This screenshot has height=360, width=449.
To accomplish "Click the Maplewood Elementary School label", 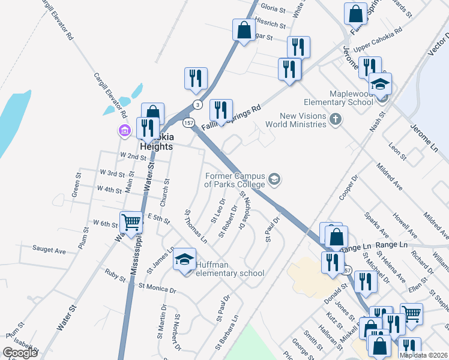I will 351,98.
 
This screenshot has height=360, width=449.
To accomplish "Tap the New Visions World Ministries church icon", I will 336,121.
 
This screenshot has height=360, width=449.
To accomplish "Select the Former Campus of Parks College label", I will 234,181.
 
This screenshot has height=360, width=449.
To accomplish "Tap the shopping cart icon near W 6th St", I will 131,222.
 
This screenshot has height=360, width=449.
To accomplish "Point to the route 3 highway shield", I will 197,104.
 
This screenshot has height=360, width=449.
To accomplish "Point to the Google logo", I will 20,353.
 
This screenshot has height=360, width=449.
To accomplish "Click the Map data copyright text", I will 423,355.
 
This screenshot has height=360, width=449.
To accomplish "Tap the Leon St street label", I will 397,152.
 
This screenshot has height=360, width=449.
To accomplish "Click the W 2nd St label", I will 133,156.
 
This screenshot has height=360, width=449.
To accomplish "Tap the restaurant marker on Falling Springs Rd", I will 221,110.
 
